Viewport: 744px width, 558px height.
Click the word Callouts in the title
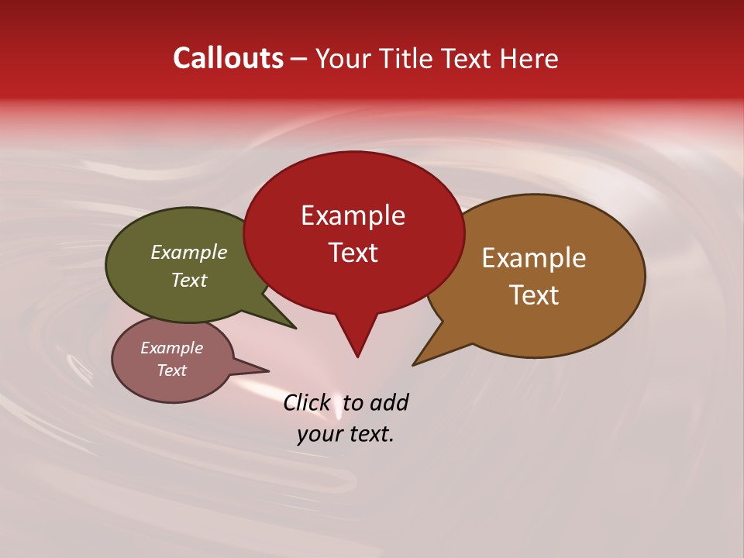[x=228, y=58]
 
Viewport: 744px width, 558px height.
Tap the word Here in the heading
[x=529, y=59]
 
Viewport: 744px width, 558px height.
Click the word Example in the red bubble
[x=353, y=215]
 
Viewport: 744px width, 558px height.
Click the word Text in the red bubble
[x=353, y=253]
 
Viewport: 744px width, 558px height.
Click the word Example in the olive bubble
[x=189, y=253]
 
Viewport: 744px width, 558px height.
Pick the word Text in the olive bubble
[x=189, y=281]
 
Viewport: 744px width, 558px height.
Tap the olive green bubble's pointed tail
[x=291, y=325]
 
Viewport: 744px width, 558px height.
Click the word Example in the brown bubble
[x=534, y=258]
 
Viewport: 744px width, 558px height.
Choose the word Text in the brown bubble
[x=534, y=295]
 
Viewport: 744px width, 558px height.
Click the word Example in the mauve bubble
[x=171, y=348]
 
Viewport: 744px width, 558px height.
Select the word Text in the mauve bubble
[x=171, y=370]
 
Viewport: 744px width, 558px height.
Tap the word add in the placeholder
[x=389, y=403]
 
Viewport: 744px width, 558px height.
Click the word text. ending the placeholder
[x=368, y=434]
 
